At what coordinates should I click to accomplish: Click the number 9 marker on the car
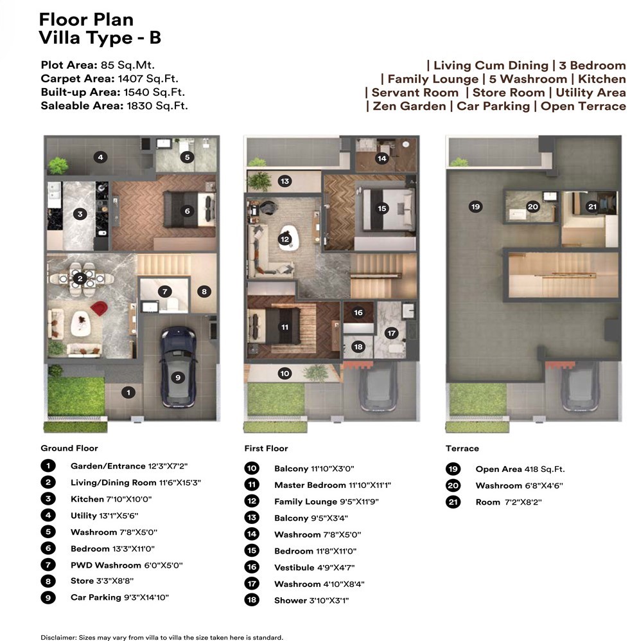[x=178, y=377]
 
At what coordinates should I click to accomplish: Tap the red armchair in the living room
[x=99, y=308]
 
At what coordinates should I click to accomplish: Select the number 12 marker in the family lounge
[x=284, y=239]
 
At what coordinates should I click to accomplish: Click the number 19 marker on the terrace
[x=476, y=206]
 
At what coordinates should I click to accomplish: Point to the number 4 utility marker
[x=100, y=157]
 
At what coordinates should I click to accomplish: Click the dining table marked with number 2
[x=80, y=279]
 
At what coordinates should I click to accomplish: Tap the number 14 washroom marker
[x=381, y=158]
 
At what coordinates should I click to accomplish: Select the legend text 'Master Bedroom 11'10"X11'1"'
[x=333, y=485]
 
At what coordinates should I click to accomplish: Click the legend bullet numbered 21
[x=453, y=502]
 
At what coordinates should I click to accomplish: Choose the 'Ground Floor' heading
[x=69, y=448]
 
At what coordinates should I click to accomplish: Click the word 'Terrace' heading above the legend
[x=462, y=449]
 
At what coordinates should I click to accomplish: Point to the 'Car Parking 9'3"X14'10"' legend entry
[x=119, y=597]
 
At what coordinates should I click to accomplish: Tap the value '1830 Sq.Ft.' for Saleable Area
[x=157, y=106]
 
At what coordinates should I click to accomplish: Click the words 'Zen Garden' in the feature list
[x=409, y=106]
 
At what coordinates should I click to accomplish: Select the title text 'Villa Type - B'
[x=100, y=37]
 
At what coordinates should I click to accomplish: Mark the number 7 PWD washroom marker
[x=165, y=291]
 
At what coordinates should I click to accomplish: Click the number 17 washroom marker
[x=392, y=333]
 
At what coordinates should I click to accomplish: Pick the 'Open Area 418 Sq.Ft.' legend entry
[x=520, y=469]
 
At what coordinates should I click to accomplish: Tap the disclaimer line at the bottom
[x=162, y=637]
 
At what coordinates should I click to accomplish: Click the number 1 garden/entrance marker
[x=128, y=392]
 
